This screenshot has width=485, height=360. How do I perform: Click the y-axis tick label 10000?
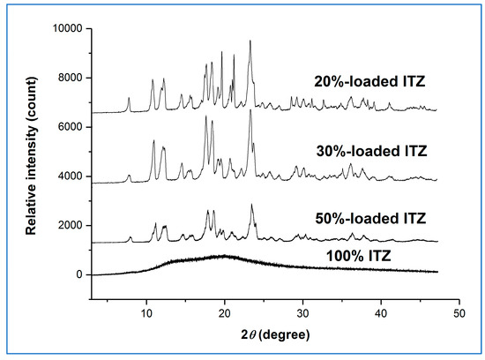pos(65,28)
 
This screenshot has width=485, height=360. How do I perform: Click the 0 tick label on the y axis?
pos(78,275)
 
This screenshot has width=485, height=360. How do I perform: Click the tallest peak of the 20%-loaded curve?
pos(250,41)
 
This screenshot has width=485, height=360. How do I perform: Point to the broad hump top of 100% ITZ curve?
pos(224,256)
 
